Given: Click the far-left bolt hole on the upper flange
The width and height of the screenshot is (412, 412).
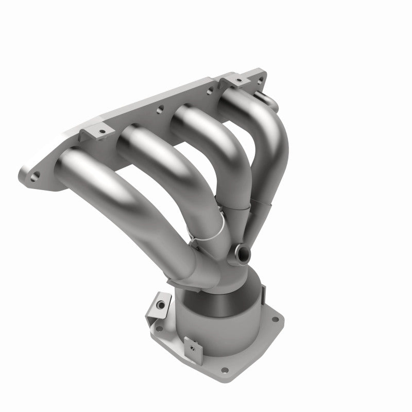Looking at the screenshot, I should click(35, 177).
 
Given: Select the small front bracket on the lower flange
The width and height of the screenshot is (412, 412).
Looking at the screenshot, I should click(194, 349).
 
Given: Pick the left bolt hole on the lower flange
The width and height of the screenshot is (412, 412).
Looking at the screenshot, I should click(160, 328).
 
